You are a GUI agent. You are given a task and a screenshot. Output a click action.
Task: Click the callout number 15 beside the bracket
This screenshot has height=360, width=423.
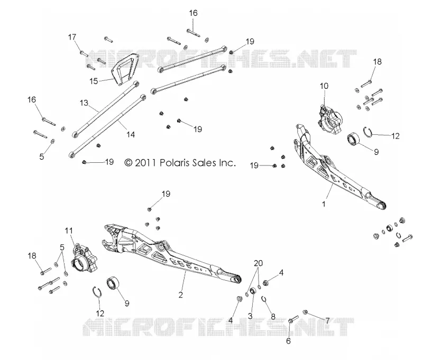click(x=94, y=81)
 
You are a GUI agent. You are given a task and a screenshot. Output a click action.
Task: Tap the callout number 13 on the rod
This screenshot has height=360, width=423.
click(x=84, y=103)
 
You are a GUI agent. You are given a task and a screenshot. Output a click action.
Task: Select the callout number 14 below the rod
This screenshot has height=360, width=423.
click(x=131, y=134)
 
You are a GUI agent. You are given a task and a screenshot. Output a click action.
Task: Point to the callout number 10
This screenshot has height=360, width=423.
click(x=324, y=86)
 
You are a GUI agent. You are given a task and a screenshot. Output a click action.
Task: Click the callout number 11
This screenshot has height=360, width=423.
click(x=69, y=230)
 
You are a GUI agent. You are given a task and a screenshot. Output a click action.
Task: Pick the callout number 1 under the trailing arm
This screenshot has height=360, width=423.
click(x=324, y=204)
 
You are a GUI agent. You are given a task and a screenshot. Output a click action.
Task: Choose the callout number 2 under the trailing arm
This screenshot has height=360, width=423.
click(x=180, y=295)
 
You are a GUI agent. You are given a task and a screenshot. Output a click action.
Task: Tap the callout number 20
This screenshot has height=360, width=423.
click(x=258, y=263)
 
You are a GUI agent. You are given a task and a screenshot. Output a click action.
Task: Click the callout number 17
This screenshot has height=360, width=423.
click(x=72, y=37)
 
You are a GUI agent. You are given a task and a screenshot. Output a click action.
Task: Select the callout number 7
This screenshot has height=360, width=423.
click(x=327, y=321)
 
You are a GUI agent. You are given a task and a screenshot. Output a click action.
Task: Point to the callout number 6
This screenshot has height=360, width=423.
click(x=288, y=341)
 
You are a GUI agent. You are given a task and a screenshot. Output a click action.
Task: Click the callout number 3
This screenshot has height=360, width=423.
click(x=250, y=316)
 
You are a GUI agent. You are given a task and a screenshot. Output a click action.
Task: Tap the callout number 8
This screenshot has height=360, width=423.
click(x=273, y=316)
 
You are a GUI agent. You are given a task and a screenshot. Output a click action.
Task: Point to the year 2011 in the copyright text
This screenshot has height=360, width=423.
click(x=145, y=163)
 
